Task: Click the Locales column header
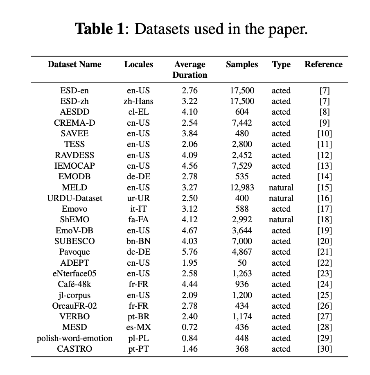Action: click(x=138, y=64)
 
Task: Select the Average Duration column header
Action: click(x=190, y=70)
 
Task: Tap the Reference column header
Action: click(x=323, y=64)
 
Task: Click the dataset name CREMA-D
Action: click(x=74, y=123)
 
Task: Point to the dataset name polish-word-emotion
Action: click(x=74, y=338)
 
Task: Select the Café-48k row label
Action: click(x=74, y=284)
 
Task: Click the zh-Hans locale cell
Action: click(x=138, y=101)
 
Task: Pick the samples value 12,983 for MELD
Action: click(x=241, y=187)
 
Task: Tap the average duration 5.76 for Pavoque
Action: click(x=190, y=252)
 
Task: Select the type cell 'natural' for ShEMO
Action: click(x=281, y=219)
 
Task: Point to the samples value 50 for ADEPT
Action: click(x=241, y=263)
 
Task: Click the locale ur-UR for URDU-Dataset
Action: click(x=138, y=198)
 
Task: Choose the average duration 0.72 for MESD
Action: click(x=190, y=327)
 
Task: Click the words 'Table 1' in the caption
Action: click(x=99, y=29)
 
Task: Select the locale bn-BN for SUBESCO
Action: click(x=138, y=241)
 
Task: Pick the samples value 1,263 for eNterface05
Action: click(x=241, y=273)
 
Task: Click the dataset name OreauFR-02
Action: click(x=74, y=306)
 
